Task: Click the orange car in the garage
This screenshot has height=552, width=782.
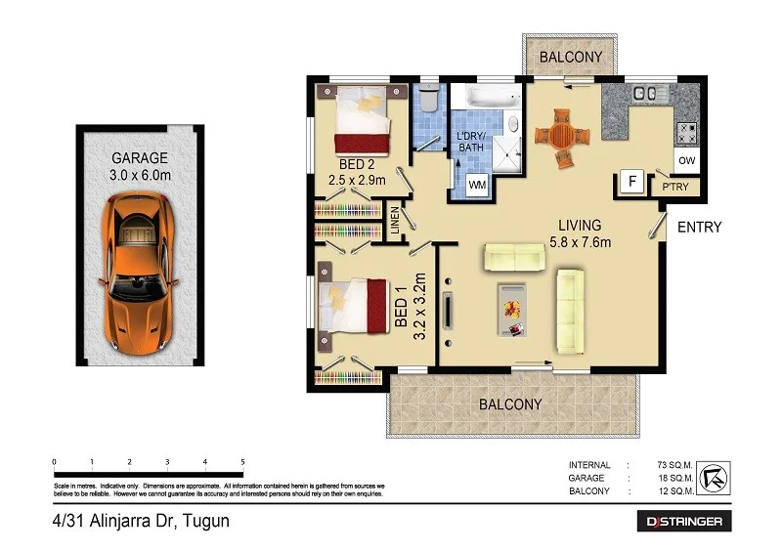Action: point(139,275)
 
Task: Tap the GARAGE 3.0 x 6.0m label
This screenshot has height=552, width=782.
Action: point(140,165)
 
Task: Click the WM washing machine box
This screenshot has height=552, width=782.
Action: point(478,184)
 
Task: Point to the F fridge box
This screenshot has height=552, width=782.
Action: point(631,183)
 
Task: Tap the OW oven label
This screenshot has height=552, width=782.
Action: point(686,160)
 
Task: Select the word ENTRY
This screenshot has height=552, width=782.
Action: point(698,228)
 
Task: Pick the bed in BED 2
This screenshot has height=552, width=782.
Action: point(364,116)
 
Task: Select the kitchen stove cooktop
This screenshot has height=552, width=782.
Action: point(686,129)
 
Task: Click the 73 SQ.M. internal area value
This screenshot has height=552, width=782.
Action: point(673,465)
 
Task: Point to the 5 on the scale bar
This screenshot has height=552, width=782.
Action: point(242,461)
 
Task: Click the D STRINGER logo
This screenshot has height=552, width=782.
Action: point(682,522)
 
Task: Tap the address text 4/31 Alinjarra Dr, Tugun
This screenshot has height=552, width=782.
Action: point(141,522)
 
